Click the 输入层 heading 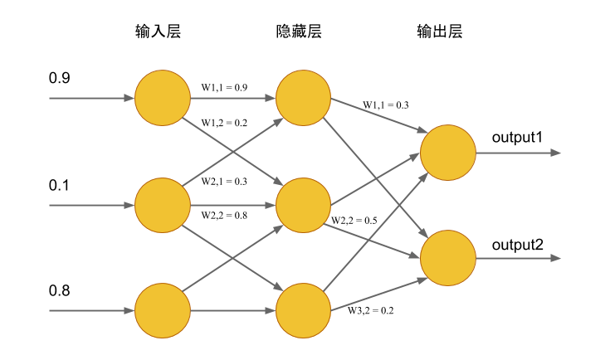[x=158, y=31]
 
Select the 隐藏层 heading [x=299, y=31]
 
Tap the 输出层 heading [x=440, y=31]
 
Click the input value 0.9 [x=60, y=78]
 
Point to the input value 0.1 [x=59, y=185]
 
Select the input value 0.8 [x=60, y=290]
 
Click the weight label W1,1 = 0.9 [x=224, y=87]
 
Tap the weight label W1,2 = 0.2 [x=224, y=123]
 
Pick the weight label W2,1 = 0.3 [x=224, y=182]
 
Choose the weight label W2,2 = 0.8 [x=224, y=216]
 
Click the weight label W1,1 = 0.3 [x=386, y=105]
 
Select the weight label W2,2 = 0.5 [x=354, y=221]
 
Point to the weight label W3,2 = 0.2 [x=370, y=310]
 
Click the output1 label [x=517, y=137]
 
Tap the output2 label [x=517, y=245]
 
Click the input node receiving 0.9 [x=163, y=98]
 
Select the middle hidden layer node [x=303, y=205]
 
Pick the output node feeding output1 [x=448, y=153]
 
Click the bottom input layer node [x=163, y=310]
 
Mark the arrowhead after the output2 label [x=556, y=258]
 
